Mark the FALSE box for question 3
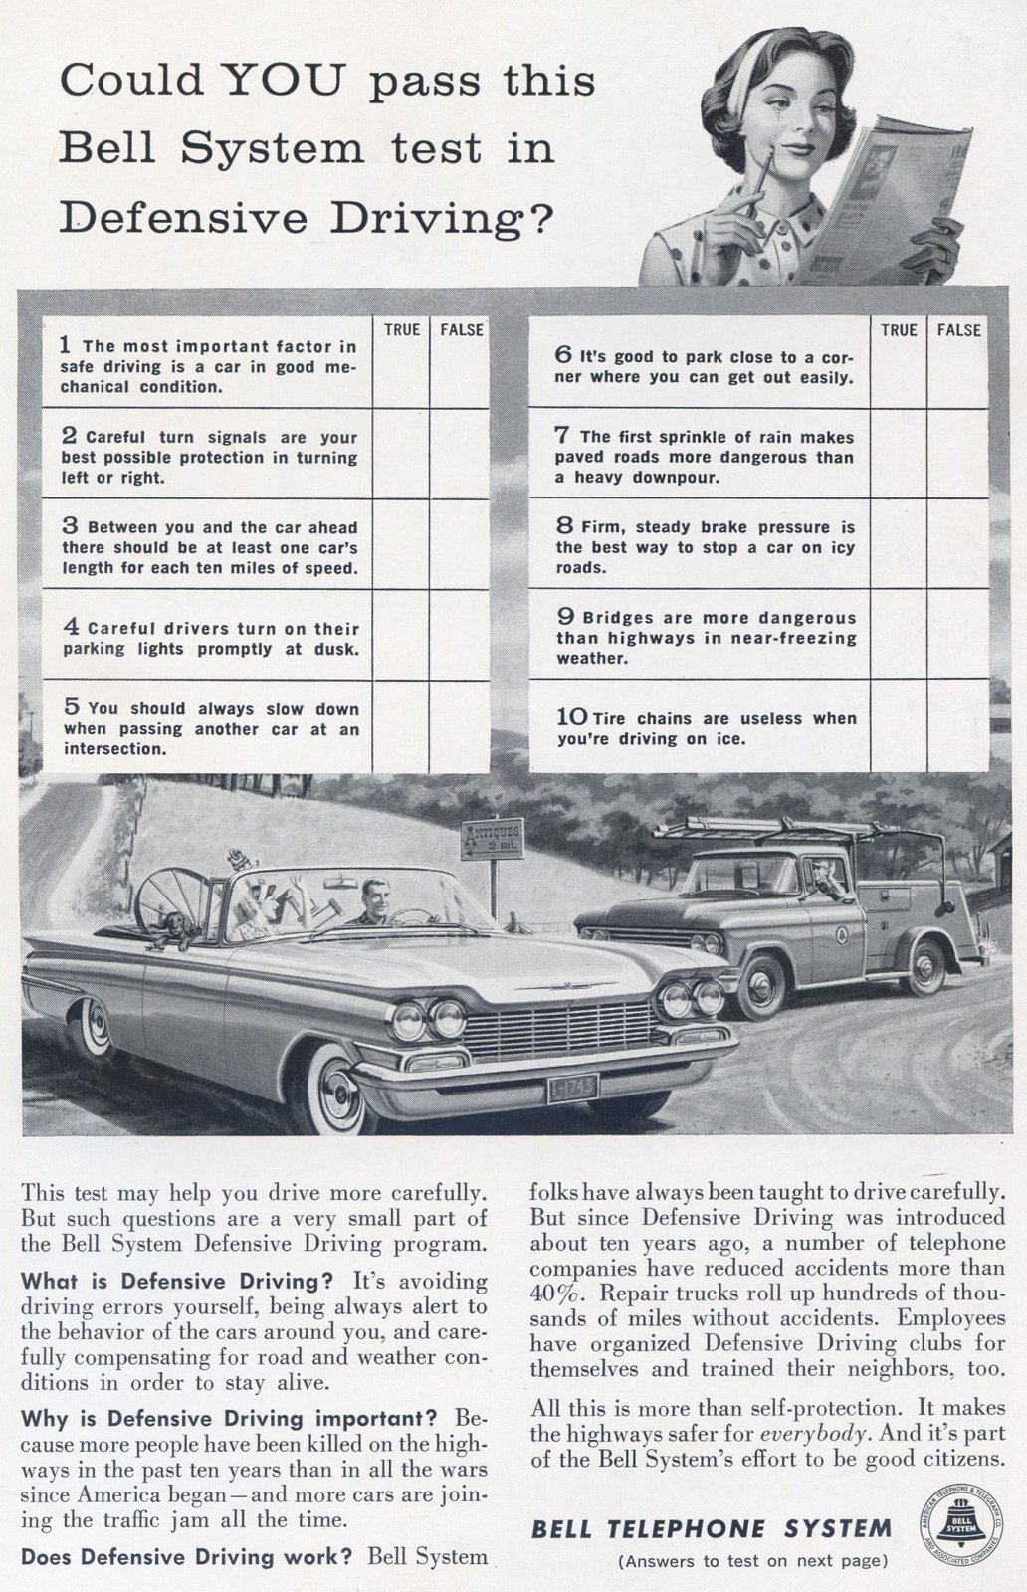click(460, 545)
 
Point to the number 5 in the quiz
click(71, 707)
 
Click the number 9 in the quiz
click(563, 617)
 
